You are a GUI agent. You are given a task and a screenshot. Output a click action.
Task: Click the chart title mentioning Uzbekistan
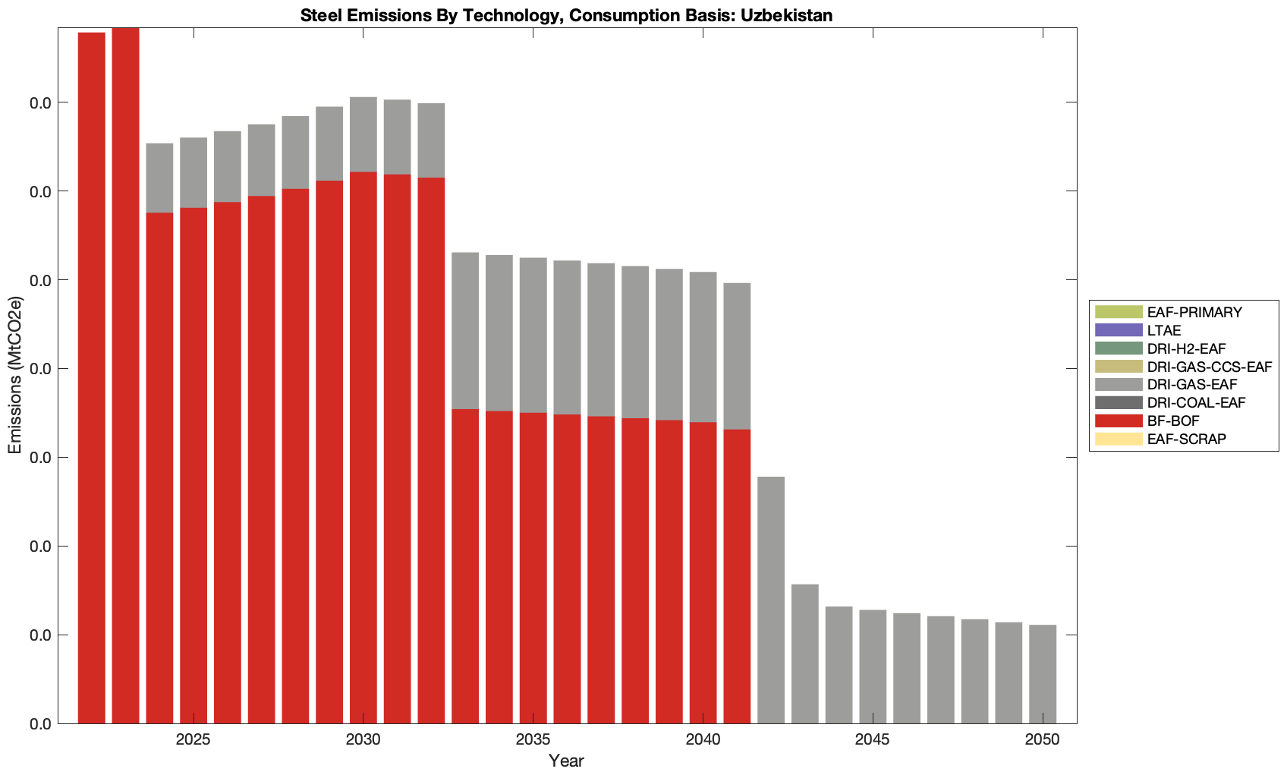click(567, 15)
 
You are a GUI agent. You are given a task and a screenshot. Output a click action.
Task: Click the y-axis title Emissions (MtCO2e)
click(15, 375)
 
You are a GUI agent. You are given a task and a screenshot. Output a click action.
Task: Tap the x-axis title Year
click(566, 761)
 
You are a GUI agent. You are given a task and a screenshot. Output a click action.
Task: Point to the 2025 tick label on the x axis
click(194, 740)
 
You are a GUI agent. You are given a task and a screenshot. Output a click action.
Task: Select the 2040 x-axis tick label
click(703, 740)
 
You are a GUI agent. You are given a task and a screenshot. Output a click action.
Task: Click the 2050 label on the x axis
click(1043, 740)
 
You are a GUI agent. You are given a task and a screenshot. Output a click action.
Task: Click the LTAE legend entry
click(1164, 330)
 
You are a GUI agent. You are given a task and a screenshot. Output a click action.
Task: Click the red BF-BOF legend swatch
click(1118, 421)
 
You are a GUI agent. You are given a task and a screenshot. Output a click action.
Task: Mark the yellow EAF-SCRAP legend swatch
click(1118, 439)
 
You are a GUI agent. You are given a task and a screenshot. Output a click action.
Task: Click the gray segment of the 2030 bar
click(363, 134)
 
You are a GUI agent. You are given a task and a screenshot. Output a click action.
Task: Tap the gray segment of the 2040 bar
click(703, 347)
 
